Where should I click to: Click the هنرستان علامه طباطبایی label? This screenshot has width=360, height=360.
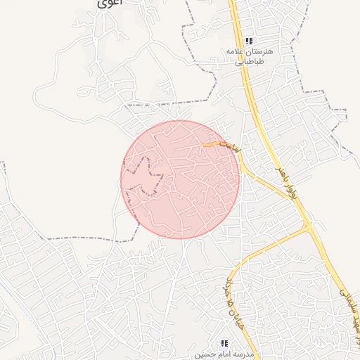click(x=249, y=56)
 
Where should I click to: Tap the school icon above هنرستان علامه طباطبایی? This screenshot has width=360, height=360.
click(x=249, y=41)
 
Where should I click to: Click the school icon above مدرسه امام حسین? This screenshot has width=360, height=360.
click(x=224, y=344)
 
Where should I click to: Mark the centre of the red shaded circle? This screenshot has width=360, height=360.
click(x=180, y=179)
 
